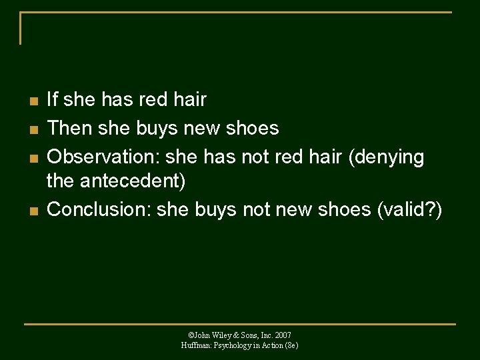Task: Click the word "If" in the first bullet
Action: [x=53, y=100]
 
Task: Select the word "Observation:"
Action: [x=104, y=157]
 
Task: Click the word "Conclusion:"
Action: [x=99, y=209]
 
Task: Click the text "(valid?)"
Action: [x=409, y=209]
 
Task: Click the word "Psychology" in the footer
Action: [x=231, y=345]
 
